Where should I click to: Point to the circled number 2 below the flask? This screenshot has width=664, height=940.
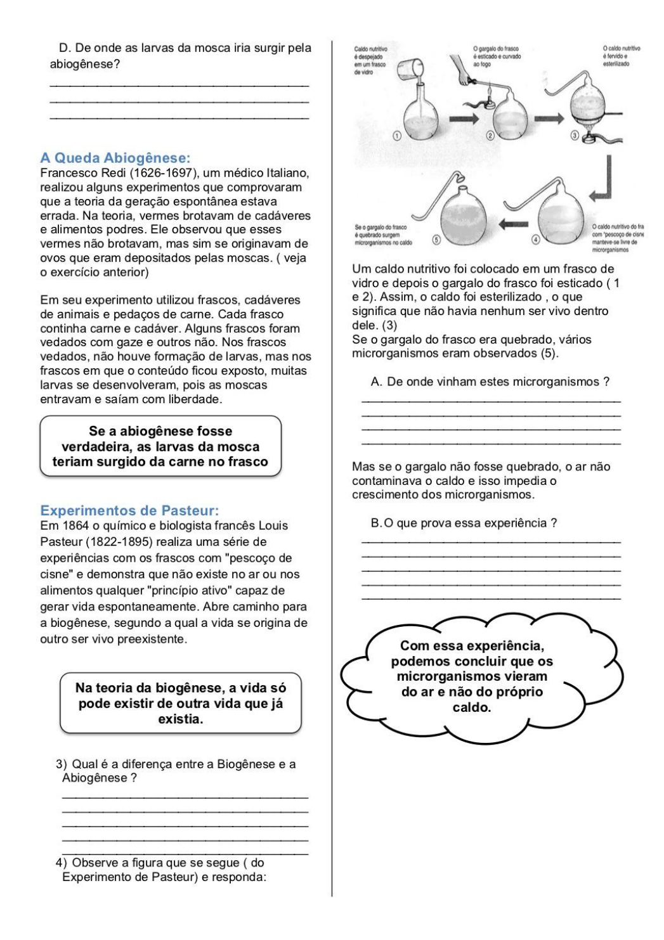pyautogui.click(x=490, y=136)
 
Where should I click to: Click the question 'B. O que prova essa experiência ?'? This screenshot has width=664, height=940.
pyautogui.click(x=464, y=523)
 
